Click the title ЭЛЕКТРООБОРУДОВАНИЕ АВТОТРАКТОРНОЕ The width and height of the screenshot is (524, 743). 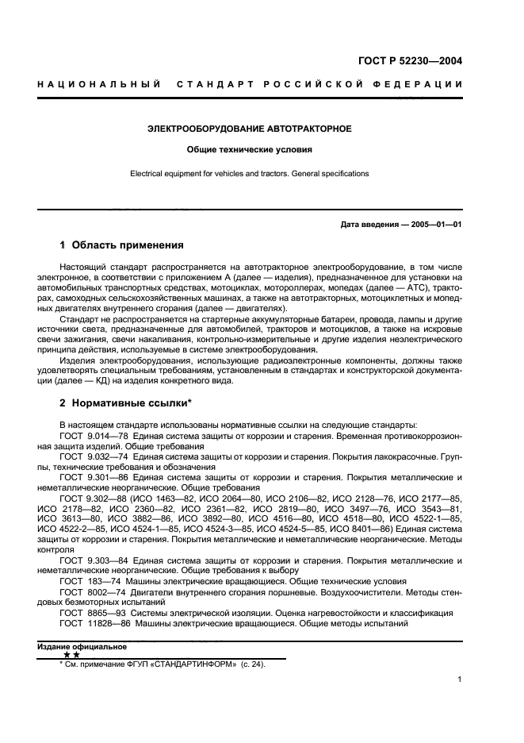click(250, 128)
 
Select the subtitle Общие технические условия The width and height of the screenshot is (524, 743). click(250, 149)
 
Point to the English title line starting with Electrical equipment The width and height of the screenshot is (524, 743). click(250, 173)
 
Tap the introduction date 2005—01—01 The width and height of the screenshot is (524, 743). click(434, 224)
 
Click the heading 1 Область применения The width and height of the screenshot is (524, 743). click(122, 244)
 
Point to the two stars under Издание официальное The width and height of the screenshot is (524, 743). click(71, 656)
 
